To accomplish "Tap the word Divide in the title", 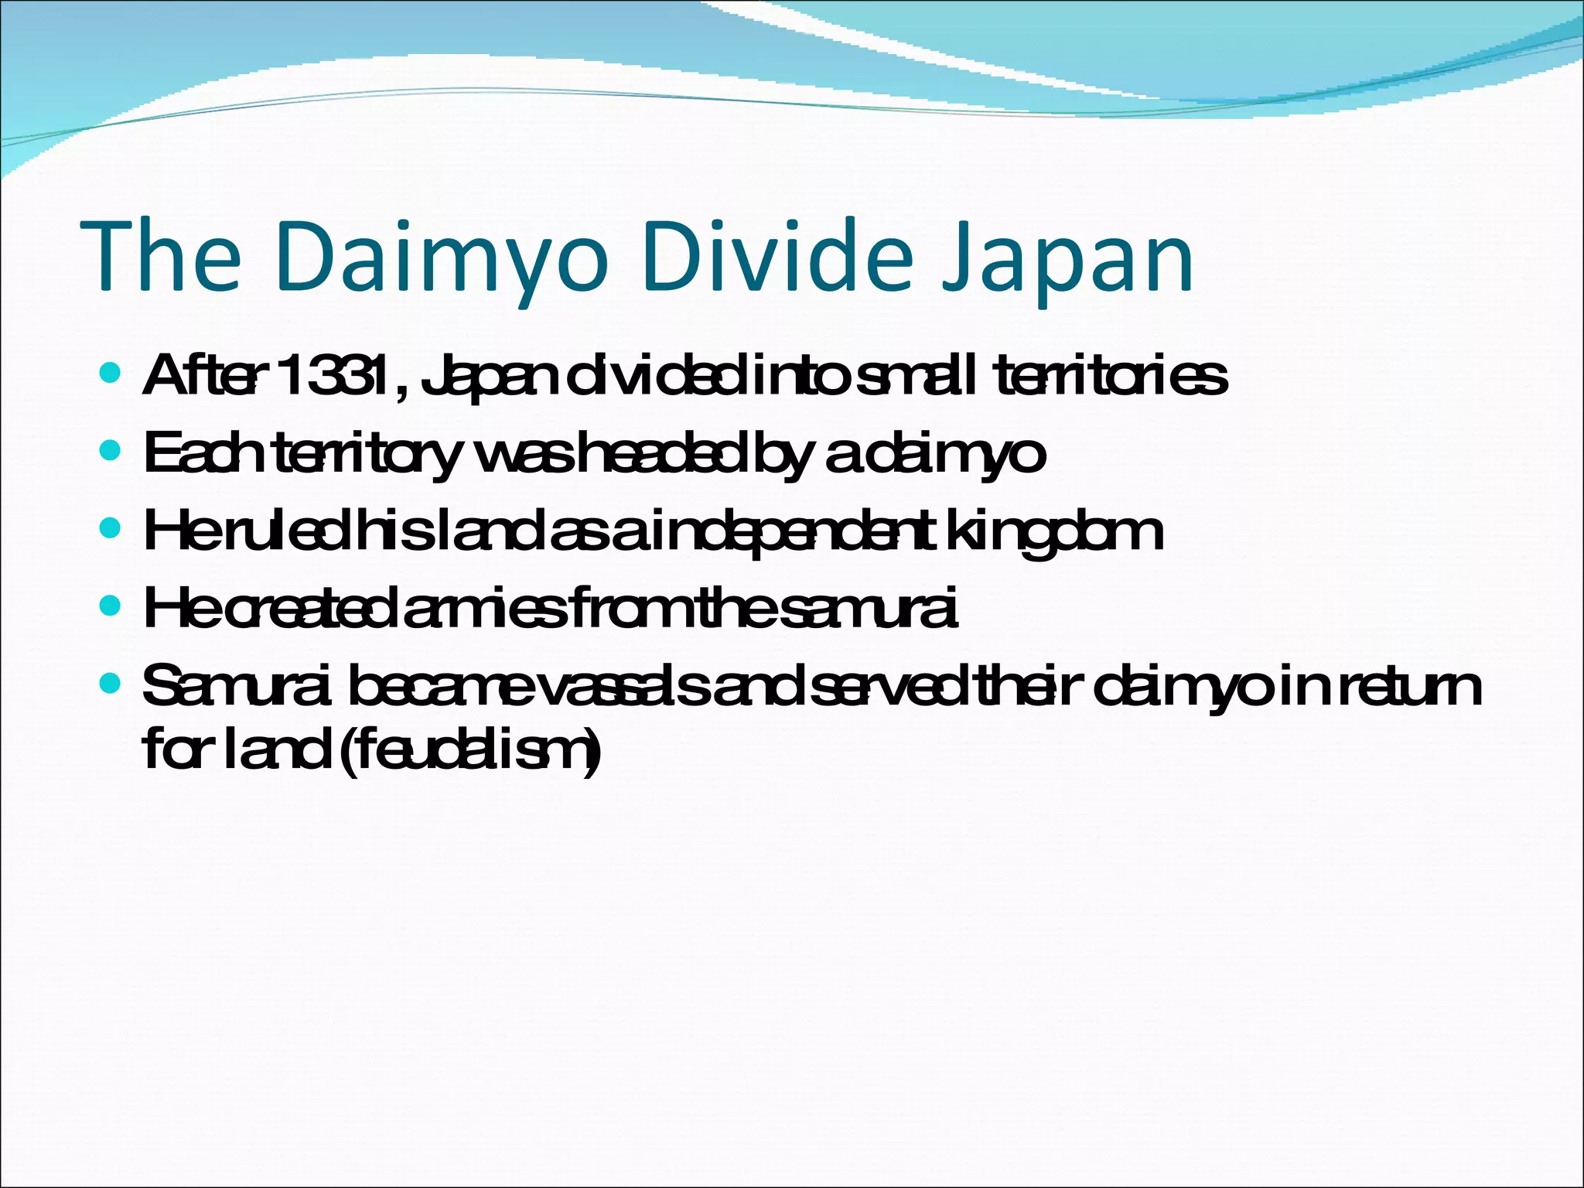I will point(777,257).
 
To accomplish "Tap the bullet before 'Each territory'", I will point(111,450).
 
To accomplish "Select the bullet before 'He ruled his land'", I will point(111,528).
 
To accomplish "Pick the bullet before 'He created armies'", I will point(111,606).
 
